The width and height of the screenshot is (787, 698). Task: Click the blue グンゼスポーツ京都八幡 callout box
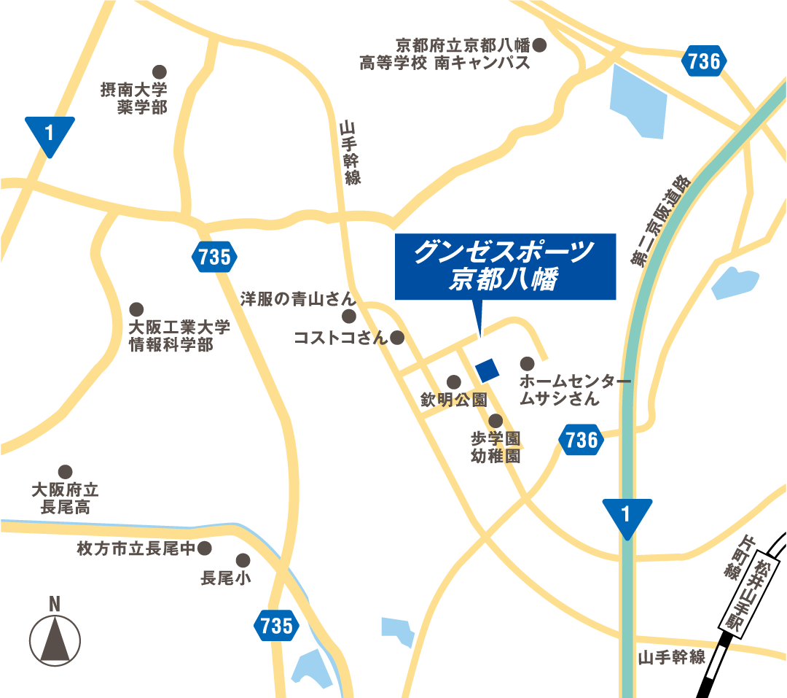click(x=505, y=266)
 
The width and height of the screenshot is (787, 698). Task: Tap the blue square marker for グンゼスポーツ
click(x=487, y=370)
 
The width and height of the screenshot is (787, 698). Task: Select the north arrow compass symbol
click(x=55, y=638)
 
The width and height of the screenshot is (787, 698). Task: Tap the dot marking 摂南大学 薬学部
click(x=159, y=71)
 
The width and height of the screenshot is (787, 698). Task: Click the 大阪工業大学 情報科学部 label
click(x=179, y=336)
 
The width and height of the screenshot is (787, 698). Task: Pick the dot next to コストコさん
click(x=397, y=338)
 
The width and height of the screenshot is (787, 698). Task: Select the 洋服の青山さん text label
click(x=298, y=299)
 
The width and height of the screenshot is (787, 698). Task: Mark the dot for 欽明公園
click(x=453, y=381)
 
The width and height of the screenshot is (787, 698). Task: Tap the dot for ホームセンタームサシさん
click(x=527, y=363)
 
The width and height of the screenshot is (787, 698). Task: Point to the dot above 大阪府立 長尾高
click(x=66, y=471)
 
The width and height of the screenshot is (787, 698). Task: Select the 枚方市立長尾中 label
click(x=137, y=548)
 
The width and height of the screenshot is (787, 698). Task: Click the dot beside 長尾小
click(x=243, y=560)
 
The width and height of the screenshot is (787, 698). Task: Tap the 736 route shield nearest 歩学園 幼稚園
click(x=582, y=440)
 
